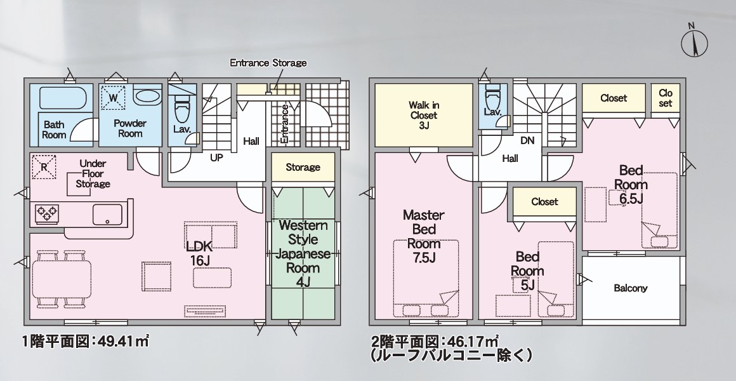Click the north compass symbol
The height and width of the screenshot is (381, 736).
[694, 42]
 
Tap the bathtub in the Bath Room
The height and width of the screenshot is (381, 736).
[63, 98]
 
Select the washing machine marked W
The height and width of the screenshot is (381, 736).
[114, 98]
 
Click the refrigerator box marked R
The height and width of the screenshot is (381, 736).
[44, 167]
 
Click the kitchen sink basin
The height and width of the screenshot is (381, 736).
[107, 215]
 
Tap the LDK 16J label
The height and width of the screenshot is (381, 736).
[200, 253]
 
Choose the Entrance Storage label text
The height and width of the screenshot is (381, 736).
[268, 62]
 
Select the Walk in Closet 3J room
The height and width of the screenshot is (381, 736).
[423, 115]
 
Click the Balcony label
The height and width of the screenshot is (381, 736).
[631, 288]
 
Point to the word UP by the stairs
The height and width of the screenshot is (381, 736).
[216, 158]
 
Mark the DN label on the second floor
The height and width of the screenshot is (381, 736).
[527, 140]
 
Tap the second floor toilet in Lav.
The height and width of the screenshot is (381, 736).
[492, 98]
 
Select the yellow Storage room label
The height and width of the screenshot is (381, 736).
[303, 167]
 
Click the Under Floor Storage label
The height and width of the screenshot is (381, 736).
[93, 173]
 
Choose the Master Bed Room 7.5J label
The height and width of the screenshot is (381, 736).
[424, 236]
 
